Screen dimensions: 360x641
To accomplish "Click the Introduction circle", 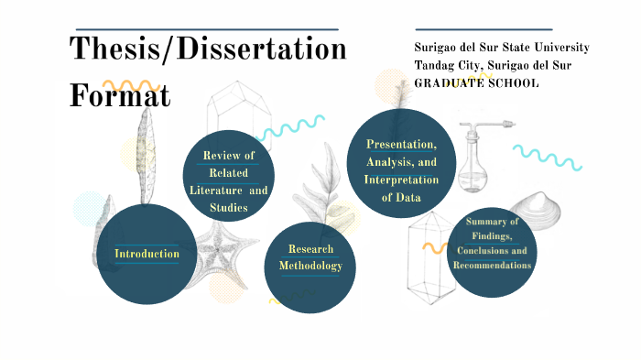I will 147,253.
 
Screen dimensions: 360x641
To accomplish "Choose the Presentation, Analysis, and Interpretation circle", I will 401,164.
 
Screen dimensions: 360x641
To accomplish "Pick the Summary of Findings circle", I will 492,246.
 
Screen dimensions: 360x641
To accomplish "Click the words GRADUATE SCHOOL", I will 476,83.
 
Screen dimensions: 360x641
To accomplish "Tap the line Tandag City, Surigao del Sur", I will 494,65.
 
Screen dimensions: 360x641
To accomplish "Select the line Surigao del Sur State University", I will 501,48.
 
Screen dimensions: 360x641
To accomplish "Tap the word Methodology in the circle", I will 310,267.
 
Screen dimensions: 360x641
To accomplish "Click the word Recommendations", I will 493,265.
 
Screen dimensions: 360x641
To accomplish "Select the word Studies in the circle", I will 228,208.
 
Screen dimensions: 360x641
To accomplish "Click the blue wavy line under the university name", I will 548,157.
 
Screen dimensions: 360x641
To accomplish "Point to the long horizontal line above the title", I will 206,29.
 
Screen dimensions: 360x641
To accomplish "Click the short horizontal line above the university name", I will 483,29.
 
